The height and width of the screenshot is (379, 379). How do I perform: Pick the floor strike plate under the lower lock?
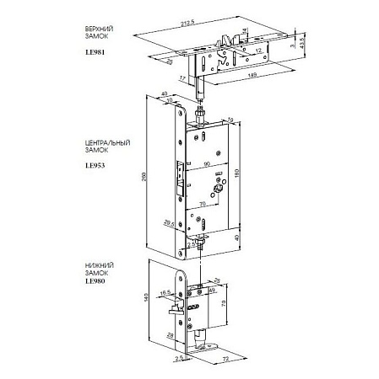click(205, 344)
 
